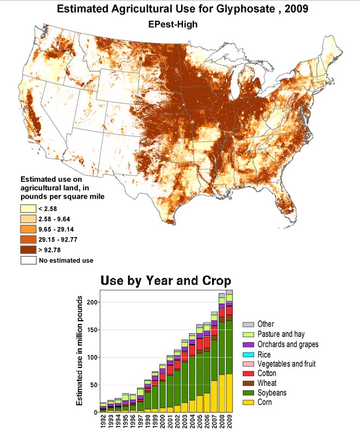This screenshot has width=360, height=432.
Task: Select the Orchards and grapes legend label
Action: [288, 344]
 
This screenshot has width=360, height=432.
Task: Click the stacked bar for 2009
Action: [229, 353]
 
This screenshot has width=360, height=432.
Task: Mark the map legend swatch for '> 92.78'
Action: [28, 249]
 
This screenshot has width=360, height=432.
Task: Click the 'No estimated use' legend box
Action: [28, 260]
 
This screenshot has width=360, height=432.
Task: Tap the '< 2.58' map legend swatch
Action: [28, 208]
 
